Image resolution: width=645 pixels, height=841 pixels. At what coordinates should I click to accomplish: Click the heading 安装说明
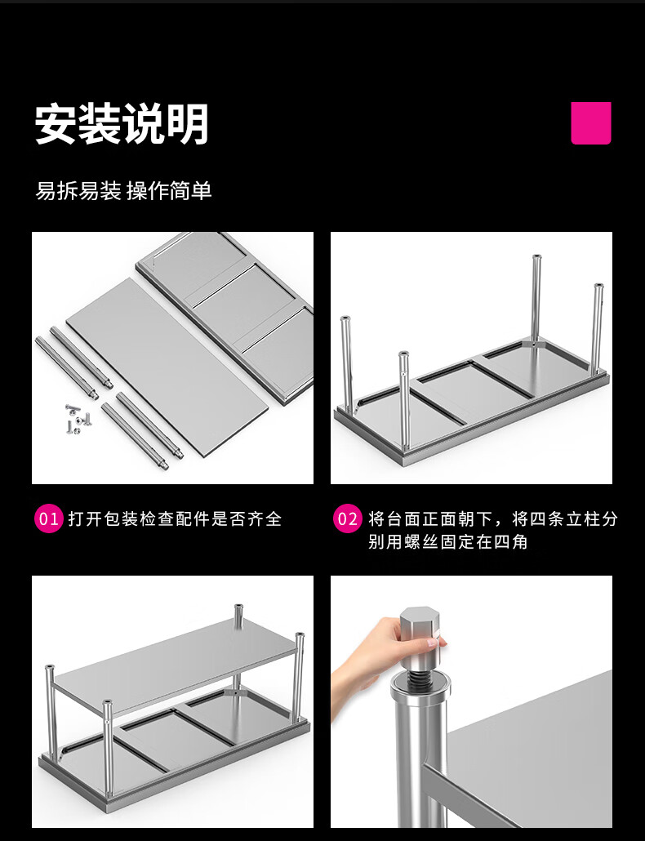[x=122, y=124]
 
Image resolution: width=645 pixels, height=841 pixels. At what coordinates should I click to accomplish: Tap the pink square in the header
[x=591, y=122]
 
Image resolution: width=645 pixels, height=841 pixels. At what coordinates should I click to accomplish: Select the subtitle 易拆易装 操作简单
[x=123, y=191]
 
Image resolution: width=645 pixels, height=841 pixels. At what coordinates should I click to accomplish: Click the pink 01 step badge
[x=49, y=518]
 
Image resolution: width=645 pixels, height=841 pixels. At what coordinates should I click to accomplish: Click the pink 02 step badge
[x=347, y=518]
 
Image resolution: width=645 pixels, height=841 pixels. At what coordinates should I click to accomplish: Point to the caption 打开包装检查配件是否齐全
[x=175, y=519]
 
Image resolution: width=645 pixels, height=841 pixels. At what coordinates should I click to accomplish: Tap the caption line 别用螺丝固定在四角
[x=447, y=541]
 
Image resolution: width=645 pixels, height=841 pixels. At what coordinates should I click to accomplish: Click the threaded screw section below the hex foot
[x=420, y=679]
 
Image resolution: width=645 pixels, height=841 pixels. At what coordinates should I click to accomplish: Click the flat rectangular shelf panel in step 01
[x=167, y=367]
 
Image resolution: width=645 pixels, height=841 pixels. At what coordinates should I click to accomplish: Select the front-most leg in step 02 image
[x=404, y=400]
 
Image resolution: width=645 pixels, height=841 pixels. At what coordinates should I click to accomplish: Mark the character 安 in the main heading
[x=56, y=124]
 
